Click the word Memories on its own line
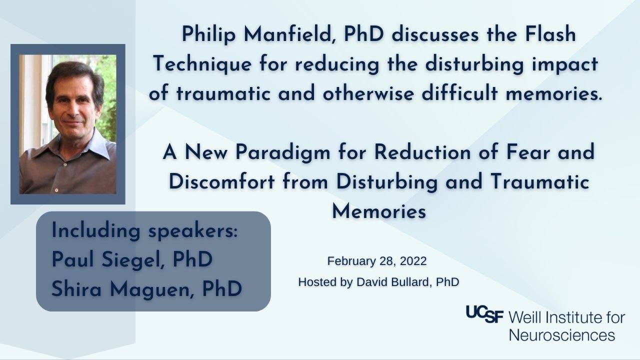point(378,211)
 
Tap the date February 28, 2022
point(376,261)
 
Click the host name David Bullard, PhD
point(407,282)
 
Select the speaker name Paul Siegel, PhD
point(132,259)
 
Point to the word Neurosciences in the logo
point(561,334)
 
